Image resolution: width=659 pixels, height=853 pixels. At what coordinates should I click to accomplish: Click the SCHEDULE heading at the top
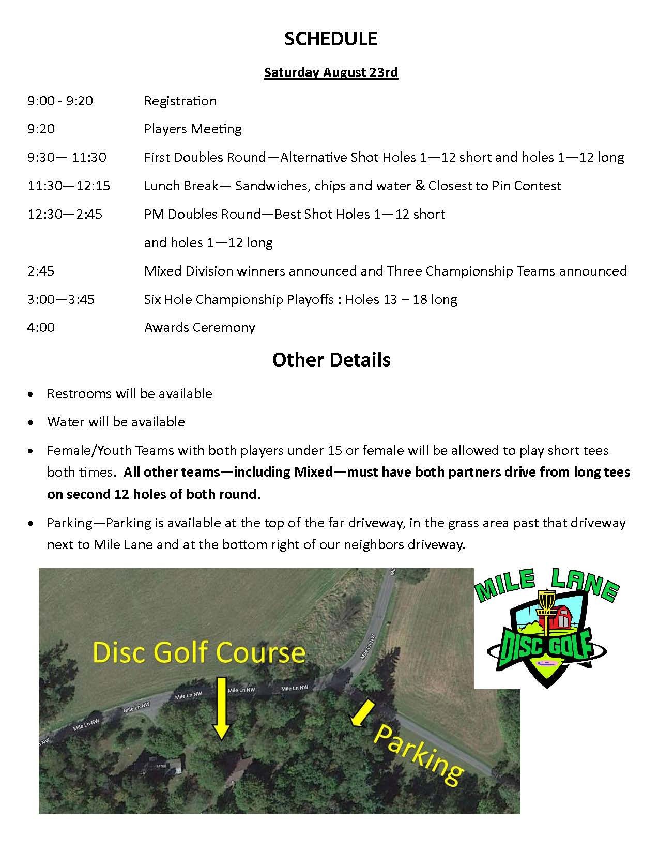click(331, 39)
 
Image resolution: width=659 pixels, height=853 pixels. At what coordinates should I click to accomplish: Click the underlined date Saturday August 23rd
click(331, 72)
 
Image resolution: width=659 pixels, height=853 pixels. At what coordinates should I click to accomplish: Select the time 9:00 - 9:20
click(60, 101)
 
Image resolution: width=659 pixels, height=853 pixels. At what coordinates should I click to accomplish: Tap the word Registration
click(180, 101)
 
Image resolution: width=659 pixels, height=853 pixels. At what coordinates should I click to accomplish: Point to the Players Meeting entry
click(193, 129)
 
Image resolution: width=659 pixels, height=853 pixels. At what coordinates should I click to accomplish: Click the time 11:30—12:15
click(69, 186)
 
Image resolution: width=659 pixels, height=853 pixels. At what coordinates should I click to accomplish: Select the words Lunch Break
click(181, 186)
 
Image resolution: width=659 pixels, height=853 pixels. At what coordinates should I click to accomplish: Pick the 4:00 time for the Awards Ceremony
click(41, 327)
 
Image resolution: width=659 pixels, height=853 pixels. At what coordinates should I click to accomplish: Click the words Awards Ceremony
click(200, 327)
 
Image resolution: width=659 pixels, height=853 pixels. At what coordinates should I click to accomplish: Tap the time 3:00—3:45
click(61, 299)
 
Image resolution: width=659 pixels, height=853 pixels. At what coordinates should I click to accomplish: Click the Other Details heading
click(331, 360)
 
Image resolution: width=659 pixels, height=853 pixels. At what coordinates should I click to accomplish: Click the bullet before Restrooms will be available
click(32, 394)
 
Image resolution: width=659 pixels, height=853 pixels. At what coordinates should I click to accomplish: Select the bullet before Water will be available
click(32, 423)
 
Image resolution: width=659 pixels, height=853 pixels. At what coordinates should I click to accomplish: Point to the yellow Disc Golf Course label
click(199, 653)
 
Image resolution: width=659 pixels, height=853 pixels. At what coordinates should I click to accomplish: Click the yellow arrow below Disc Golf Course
click(221, 708)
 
